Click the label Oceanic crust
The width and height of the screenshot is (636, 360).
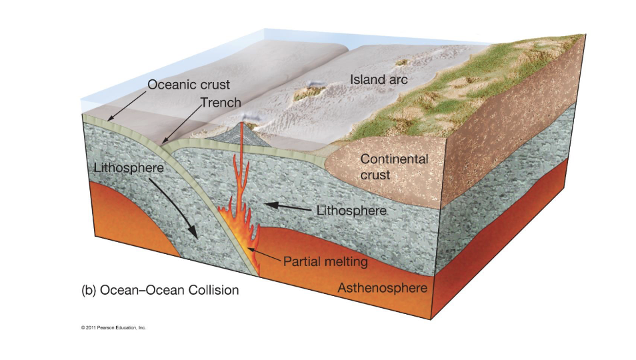189,85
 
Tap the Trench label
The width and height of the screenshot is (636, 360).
221,103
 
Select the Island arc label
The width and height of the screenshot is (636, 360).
379,80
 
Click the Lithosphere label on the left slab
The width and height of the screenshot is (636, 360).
129,167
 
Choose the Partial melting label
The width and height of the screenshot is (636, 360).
325,261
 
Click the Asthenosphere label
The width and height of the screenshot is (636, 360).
382,289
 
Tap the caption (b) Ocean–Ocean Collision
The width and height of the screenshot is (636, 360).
159,291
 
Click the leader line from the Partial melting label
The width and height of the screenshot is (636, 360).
265,256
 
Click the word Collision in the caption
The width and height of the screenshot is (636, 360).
212,291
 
